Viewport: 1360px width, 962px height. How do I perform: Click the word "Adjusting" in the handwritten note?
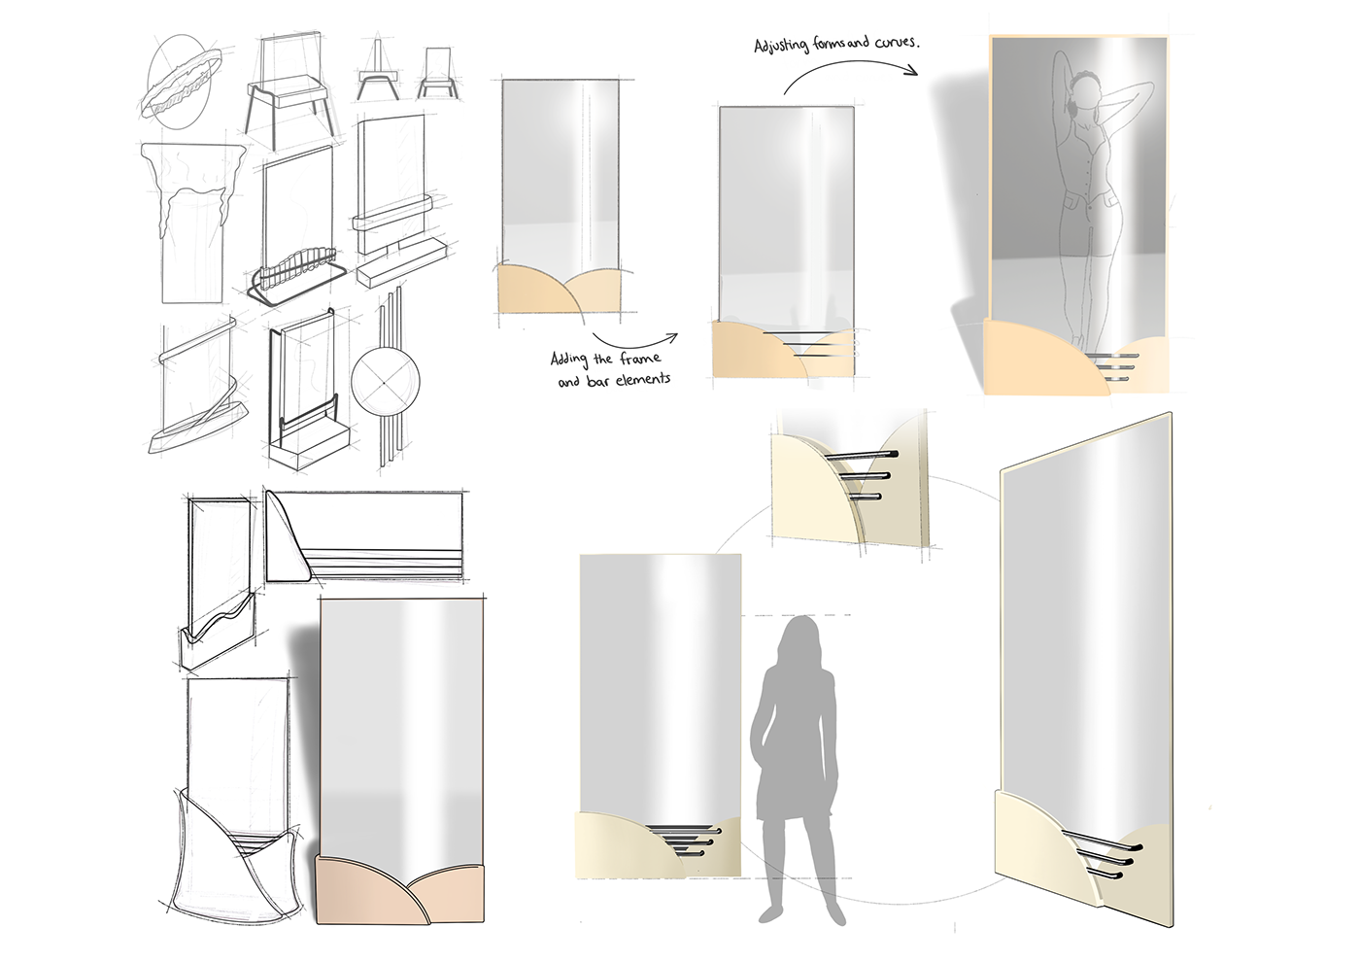click(x=781, y=47)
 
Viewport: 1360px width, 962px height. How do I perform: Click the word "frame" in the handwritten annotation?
click(x=640, y=359)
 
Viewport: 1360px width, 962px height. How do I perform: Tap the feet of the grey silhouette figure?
click(x=802, y=914)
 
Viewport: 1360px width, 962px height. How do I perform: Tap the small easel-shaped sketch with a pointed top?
click(x=377, y=71)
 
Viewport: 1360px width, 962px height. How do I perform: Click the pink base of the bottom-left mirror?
click(x=400, y=896)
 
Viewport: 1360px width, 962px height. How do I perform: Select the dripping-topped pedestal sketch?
click(x=193, y=223)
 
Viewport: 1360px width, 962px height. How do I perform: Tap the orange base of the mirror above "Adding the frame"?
click(x=560, y=290)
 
